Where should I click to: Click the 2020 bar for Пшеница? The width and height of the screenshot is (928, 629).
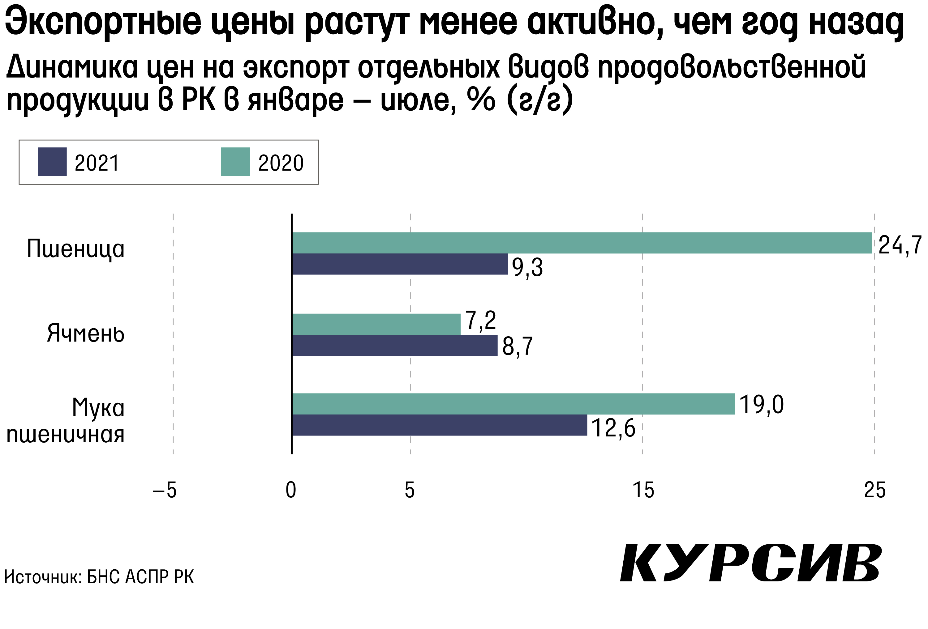pos(582,243)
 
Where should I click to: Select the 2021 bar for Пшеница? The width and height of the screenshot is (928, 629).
pos(400,264)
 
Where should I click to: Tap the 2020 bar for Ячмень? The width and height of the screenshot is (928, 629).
pos(376,324)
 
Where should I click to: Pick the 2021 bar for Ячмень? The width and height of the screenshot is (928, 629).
pos(394,345)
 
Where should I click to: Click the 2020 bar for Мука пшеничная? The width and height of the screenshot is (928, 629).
pos(513,404)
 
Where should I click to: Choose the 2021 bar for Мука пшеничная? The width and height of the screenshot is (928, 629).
pos(439,425)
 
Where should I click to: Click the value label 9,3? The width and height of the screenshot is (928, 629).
pos(527,267)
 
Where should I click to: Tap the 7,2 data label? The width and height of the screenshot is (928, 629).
pos(481,321)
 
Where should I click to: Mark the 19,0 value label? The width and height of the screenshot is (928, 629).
pos(762,405)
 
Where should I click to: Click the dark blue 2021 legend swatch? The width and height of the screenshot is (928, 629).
pos(52,162)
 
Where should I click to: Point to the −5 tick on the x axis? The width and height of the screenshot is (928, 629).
pos(165,490)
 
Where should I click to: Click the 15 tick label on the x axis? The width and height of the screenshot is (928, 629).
pos(643,490)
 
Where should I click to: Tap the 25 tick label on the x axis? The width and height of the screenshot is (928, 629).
pos(874,490)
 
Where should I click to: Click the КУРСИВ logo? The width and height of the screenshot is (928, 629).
pos(751,563)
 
